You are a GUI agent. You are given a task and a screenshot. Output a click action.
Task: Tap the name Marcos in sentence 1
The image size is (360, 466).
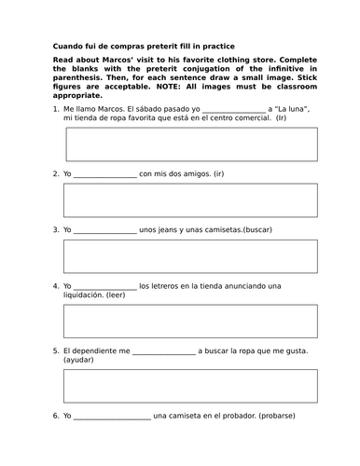pos(114,109)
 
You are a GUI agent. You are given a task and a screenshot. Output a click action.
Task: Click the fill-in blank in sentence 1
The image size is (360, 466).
pos(233,110)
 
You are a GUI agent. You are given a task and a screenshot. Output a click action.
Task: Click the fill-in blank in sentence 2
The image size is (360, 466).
pos(104,174)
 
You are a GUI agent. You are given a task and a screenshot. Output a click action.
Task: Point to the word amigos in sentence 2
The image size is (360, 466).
pos(190,173)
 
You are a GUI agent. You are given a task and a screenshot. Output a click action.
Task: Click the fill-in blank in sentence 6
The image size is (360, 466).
pos(112,417)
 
